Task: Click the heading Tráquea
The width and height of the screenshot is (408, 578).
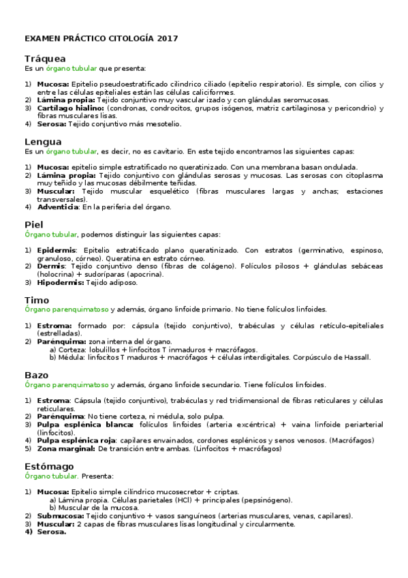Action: point(45,59)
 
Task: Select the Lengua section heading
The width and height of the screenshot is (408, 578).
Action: point(43,141)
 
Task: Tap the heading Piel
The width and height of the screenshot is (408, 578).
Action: point(33,224)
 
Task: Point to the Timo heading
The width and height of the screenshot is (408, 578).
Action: point(37,300)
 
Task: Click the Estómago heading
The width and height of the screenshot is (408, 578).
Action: point(49,466)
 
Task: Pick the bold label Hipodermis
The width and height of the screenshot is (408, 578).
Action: point(61,282)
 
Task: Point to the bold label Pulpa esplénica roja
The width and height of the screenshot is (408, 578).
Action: point(77,440)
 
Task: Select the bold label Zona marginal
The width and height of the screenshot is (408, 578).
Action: point(66,448)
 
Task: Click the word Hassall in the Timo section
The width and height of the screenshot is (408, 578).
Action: point(357,357)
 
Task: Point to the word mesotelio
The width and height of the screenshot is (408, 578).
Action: point(163,124)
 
